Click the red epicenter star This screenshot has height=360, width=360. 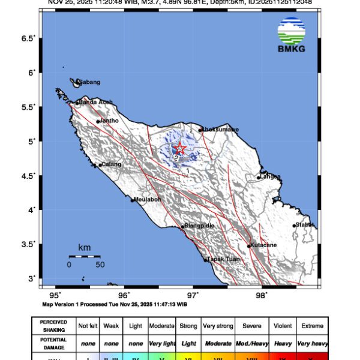click(x=178, y=149)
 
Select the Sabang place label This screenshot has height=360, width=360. click(x=90, y=82)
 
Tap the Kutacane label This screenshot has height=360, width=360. click(x=264, y=245)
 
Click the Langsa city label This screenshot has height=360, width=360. click(x=271, y=176)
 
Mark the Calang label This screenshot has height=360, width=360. click(x=111, y=164)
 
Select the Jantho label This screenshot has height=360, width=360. click(x=109, y=121)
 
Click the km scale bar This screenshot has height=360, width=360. click(x=84, y=256)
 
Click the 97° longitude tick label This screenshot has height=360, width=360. click(x=193, y=295)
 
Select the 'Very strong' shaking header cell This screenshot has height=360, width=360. click(x=218, y=326)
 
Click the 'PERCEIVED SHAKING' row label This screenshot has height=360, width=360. click(x=53, y=326)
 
